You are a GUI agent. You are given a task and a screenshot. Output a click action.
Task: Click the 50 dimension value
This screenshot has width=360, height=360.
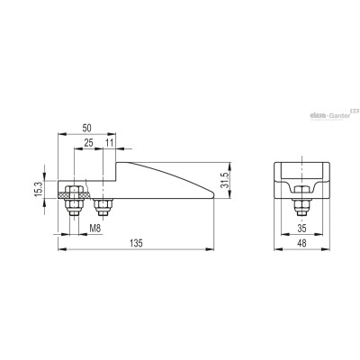tap(86, 128)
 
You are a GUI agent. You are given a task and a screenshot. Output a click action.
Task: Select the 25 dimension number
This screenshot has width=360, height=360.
tap(88, 143)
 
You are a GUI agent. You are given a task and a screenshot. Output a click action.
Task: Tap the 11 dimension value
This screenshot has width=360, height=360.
tap(110, 143)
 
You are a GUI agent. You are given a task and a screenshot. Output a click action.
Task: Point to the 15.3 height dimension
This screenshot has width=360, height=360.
tap(39, 189)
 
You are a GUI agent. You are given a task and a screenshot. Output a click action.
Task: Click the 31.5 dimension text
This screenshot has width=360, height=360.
tap(225, 180)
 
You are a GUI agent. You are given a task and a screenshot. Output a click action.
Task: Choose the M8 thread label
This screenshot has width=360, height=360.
tap(95, 229)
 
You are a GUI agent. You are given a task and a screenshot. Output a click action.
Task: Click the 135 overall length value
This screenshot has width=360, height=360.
tap(136, 244)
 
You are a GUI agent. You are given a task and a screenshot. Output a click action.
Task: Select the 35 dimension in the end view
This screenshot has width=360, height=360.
tap(302, 229)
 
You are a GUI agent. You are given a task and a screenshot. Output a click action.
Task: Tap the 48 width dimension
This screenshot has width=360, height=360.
tap(302, 243)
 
